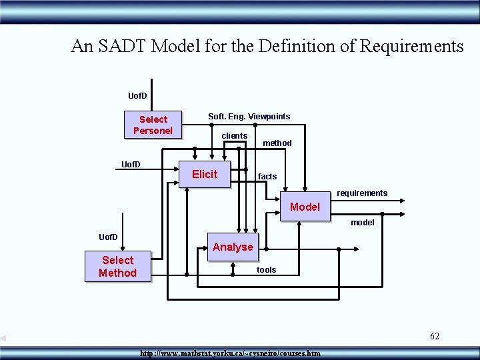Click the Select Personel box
(x=153, y=125)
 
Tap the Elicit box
(x=205, y=174)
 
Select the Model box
(x=305, y=207)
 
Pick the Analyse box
(x=233, y=247)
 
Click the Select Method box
(x=118, y=267)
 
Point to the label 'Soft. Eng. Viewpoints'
(x=249, y=117)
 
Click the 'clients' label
(x=234, y=136)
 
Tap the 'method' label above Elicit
(x=277, y=143)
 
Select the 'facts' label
(x=267, y=177)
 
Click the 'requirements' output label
(x=361, y=193)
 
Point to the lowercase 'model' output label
(x=362, y=223)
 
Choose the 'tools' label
(x=266, y=270)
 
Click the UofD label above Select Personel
(x=137, y=96)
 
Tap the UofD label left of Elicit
(x=130, y=164)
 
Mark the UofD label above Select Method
(x=108, y=237)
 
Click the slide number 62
(x=434, y=336)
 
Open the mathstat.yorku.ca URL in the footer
(x=230, y=353)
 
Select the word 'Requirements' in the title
(x=411, y=46)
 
